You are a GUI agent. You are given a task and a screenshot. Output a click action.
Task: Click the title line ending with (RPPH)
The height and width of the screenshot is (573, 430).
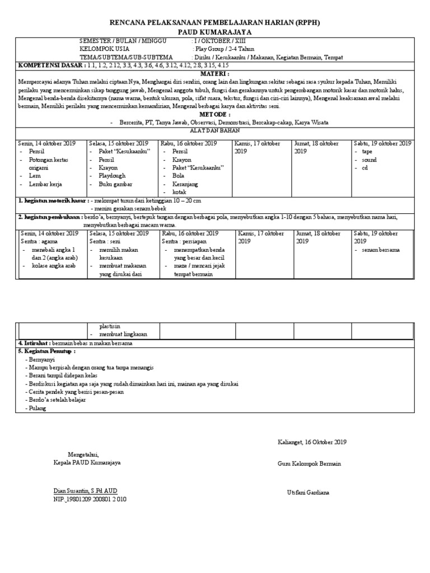[x=214, y=22]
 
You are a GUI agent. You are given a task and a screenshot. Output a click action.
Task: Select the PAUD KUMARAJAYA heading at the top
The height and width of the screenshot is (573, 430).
[x=214, y=32]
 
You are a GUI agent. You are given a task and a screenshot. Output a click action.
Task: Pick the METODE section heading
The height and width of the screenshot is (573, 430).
[x=214, y=114]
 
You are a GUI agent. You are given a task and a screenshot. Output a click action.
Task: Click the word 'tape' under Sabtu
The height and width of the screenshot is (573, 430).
[x=367, y=152]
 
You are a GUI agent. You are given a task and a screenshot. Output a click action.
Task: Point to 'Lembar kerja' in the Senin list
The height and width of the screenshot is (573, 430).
[x=45, y=184]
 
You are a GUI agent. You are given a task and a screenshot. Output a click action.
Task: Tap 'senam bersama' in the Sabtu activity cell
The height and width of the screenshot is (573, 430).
[x=381, y=250]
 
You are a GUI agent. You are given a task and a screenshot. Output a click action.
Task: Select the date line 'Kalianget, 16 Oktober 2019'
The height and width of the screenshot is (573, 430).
[x=312, y=442]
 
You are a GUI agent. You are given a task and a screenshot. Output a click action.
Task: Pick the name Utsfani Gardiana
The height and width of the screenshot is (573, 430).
[x=309, y=492]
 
